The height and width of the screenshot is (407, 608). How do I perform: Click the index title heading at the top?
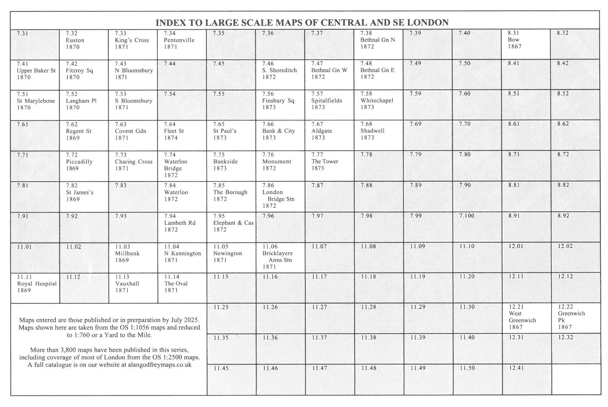click(x=302, y=23)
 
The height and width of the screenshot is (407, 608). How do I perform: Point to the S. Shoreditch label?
click(x=279, y=71)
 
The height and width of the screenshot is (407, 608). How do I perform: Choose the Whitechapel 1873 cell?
click(x=378, y=105)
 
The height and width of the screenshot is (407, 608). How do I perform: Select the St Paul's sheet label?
click(x=224, y=131)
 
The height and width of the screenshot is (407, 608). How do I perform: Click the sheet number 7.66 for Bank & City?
click(x=268, y=124)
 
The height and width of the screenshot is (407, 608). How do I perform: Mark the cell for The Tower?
click(x=329, y=166)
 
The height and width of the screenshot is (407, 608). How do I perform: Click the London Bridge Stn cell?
click(x=280, y=196)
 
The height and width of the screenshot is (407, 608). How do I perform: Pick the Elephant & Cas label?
click(x=233, y=223)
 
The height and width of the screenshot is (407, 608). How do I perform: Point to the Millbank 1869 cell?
click(x=133, y=257)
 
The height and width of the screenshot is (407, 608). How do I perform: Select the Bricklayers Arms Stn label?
click(x=277, y=257)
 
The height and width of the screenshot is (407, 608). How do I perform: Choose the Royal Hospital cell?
click(x=35, y=288)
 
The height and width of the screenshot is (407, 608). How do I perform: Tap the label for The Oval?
click(x=176, y=284)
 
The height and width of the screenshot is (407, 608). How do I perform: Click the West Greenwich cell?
click(x=526, y=318)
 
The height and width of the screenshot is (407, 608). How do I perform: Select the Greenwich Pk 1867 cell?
click(x=575, y=318)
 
